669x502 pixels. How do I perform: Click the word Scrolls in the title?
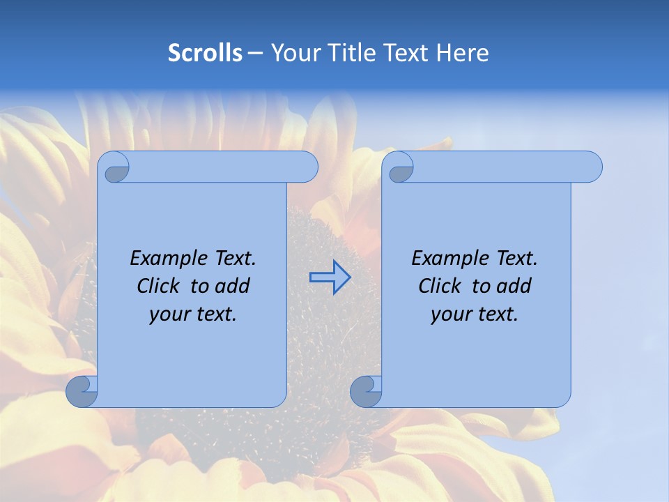(205, 53)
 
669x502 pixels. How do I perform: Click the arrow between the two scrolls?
(330, 277)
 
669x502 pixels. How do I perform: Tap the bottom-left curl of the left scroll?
(82, 391)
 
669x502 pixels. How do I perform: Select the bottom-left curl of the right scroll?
(366, 391)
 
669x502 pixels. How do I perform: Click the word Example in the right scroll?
(450, 259)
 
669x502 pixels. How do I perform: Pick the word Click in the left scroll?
(158, 287)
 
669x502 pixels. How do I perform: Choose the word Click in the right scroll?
(440, 287)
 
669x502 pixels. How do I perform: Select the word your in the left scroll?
(169, 315)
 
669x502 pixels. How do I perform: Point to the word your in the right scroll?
(450, 315)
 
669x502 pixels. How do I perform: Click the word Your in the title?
(291, 53)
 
